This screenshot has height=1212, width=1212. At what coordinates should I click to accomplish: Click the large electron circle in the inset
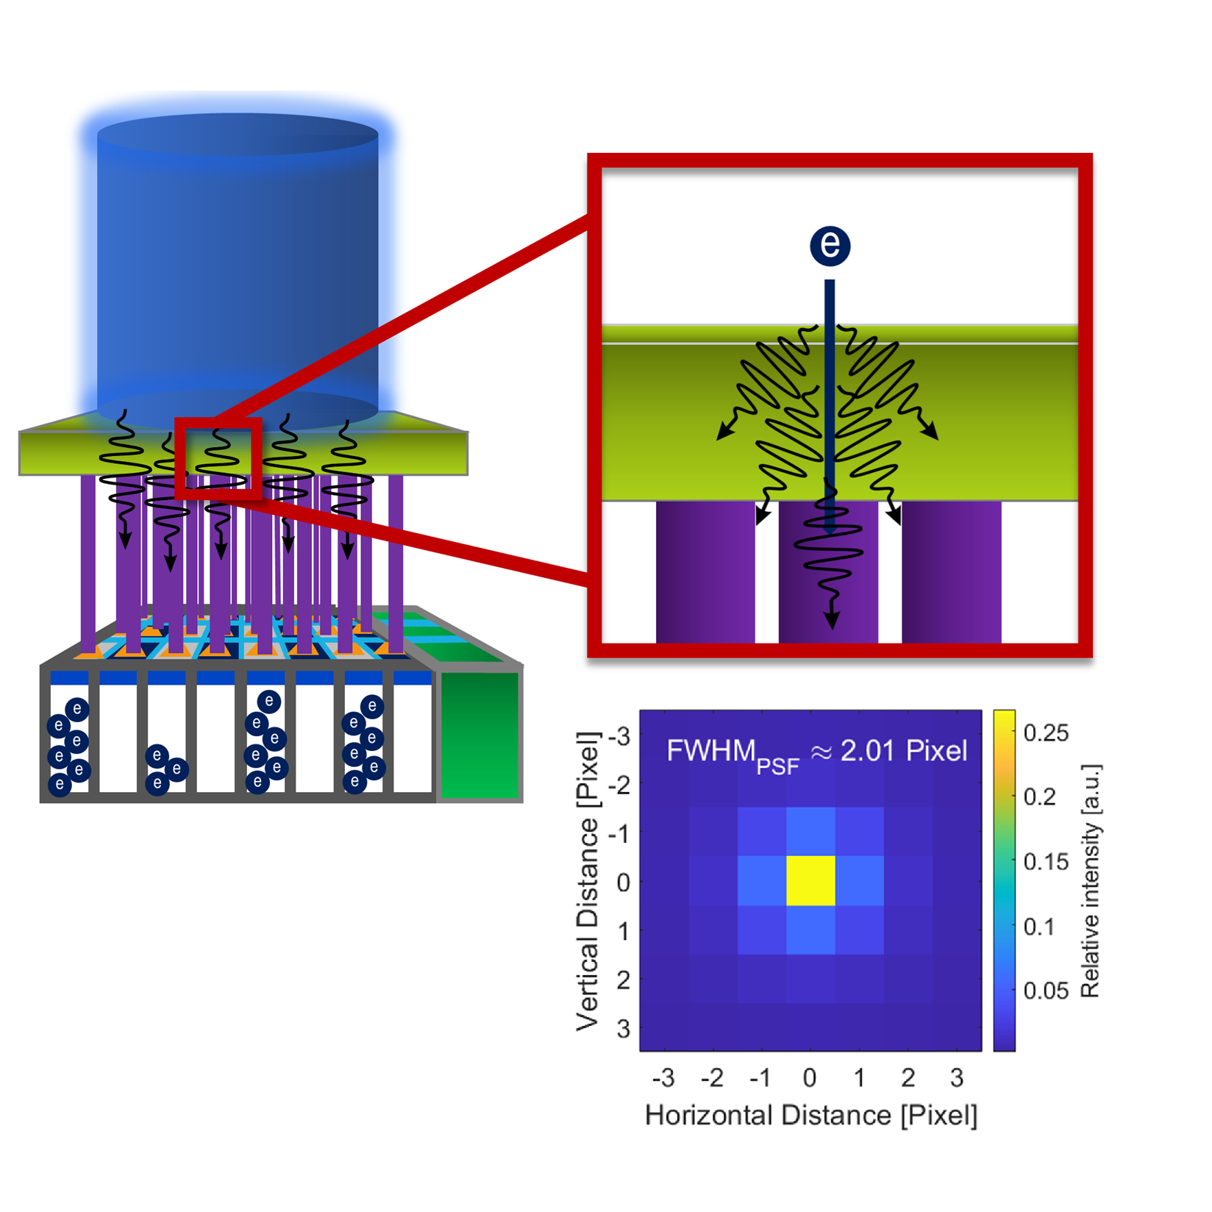click(830, 245)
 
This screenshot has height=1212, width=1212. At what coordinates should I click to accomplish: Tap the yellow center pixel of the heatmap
click(810, 880)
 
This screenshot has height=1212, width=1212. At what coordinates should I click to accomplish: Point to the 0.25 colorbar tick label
click(1046, 733)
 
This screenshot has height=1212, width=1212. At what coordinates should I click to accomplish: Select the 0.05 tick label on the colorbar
click(1046, 991)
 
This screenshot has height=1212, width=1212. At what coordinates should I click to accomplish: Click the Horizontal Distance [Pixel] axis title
click(811, 1116)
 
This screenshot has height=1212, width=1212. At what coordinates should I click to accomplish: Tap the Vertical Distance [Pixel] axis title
click(588, 880)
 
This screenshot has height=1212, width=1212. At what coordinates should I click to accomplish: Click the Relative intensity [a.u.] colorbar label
click(1090, 880)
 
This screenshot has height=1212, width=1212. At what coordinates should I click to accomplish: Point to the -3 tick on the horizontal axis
click(663, 1078)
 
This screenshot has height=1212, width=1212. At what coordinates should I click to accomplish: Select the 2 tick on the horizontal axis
click(908, 1078)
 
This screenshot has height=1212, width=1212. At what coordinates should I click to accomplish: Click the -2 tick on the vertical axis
click(619, 784)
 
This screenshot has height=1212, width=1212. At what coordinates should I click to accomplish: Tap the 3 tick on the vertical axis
click(624, 1028)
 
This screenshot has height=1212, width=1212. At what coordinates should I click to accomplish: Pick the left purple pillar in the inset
click(705, 572)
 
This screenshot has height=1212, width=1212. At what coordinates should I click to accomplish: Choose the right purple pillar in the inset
click(952, 572)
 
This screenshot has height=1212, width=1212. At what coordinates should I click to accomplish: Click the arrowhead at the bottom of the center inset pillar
click(832, 620)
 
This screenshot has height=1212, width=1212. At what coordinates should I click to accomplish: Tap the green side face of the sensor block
click(480, 735)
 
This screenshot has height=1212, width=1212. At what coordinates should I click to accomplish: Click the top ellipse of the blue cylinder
click(238, 135)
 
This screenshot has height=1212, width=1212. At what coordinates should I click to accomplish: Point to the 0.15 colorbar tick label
click(1046, 862)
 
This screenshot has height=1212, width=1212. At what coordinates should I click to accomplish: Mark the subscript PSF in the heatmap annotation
click(777, 767)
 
